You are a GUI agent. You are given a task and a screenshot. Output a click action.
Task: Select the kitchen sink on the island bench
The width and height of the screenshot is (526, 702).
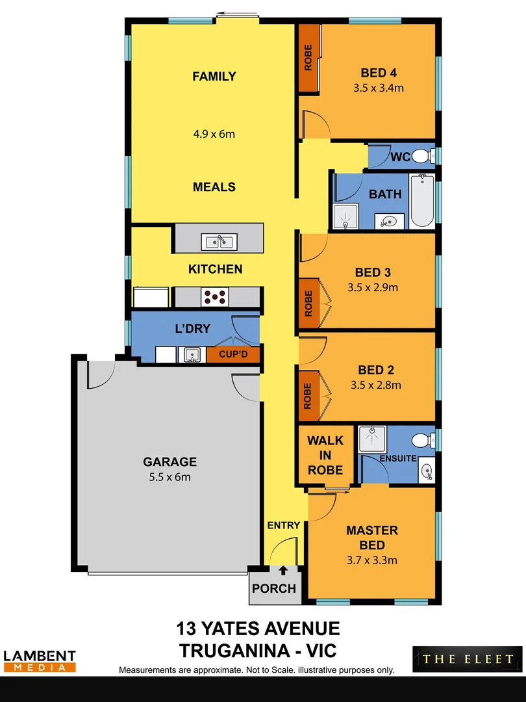click(219, 242)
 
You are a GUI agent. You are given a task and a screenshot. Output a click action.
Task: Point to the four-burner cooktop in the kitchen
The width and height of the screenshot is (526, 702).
click(216, 296)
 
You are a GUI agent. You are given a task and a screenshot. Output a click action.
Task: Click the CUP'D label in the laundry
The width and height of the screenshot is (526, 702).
click(233, 355)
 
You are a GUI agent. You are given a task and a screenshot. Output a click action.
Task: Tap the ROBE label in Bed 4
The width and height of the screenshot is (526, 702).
click(308, 58)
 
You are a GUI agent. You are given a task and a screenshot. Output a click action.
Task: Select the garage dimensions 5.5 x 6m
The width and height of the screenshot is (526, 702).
click(169, 476)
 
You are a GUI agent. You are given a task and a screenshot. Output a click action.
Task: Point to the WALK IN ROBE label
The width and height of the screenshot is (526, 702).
click(325, 455)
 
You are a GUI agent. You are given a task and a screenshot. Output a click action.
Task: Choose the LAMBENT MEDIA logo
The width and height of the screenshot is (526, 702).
click(40, 661)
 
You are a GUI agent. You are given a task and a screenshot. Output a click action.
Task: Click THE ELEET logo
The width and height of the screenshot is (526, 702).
click(468, 659)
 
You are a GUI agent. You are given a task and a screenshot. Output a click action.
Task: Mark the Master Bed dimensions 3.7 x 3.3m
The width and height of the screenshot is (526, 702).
click(371, 560)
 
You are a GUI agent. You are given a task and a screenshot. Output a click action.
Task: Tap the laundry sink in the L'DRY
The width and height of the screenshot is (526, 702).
click(191, 355)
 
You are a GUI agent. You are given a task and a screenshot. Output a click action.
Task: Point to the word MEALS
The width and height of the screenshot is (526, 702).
click(214, 187)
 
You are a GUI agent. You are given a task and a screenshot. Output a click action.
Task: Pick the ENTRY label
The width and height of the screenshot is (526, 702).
click(283, 525)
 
